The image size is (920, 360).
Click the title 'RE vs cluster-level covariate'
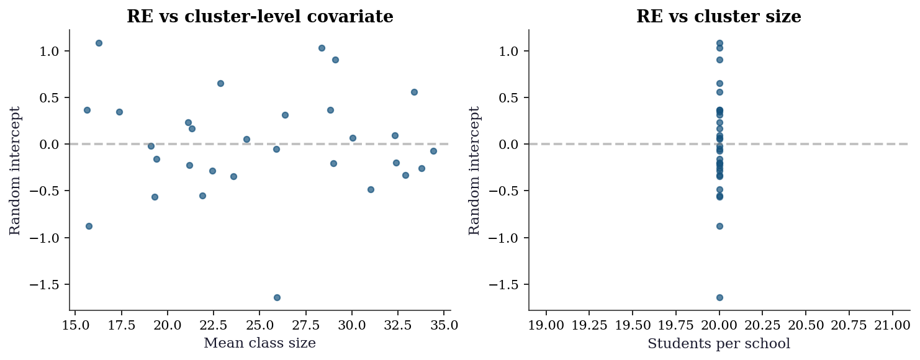tap(260, 16)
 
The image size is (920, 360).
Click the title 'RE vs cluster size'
tap(719, 16)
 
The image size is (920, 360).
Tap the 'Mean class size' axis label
tap(260, 343)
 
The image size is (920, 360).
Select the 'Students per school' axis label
tap(719, 343)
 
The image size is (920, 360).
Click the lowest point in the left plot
tap(277, 297)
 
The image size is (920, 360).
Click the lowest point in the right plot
tap(719, 297)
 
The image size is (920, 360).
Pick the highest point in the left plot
tap(99, 43)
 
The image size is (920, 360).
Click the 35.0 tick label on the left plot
tap(444, 325)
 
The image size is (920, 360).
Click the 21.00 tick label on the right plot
tap(893, 325)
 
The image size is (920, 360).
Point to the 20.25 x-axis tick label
tap(763, 325)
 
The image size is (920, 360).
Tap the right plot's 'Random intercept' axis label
tap(474, 170)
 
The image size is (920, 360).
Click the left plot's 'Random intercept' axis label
tap(15, 170)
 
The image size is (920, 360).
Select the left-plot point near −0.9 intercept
tap(89, 226)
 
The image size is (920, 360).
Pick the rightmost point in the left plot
tap(433, 151)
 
